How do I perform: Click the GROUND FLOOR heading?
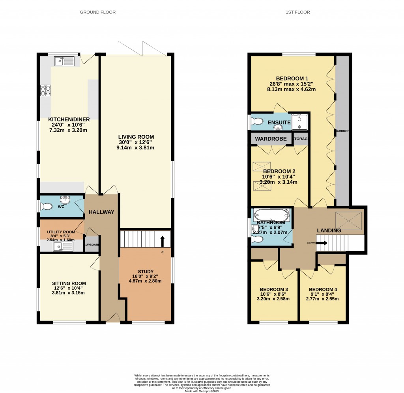click(98, 12)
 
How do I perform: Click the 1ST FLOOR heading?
click(298, 12)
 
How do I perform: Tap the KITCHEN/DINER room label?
click(69, 119)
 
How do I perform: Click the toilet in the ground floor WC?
click(46, 206)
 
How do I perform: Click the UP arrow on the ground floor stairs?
click(162, 241)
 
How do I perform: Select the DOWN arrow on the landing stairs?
click(321, 243)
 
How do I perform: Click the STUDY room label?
click(146, 272)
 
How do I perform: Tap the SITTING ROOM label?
click(69, 283)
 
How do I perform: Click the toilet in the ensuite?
click(257, 121)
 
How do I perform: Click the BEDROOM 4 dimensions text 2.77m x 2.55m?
click(322, 299)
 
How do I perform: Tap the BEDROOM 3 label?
click(273, 289)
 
